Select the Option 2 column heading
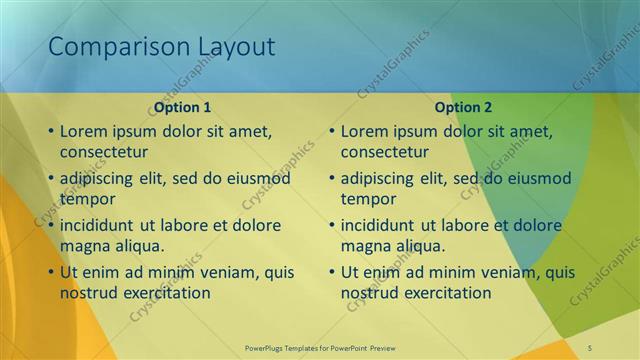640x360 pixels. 463,107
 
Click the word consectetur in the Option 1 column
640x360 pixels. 104,152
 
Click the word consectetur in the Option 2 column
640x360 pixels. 385,152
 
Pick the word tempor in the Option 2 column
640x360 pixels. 367,199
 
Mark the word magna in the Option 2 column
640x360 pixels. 364,246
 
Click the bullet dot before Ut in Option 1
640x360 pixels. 51,272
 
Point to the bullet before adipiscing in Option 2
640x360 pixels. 332,179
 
